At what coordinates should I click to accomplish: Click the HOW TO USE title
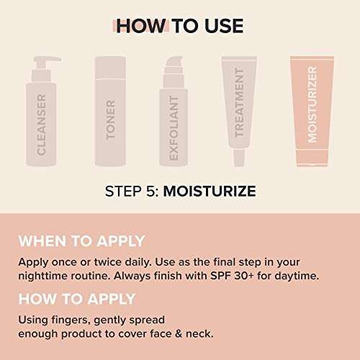click(180, 26)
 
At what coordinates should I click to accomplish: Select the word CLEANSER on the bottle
click(40, 124)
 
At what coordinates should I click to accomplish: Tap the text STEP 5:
click(131, 192)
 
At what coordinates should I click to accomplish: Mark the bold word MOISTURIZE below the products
click(209, 192)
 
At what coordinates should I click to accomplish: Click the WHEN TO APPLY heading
click(81, 241)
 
